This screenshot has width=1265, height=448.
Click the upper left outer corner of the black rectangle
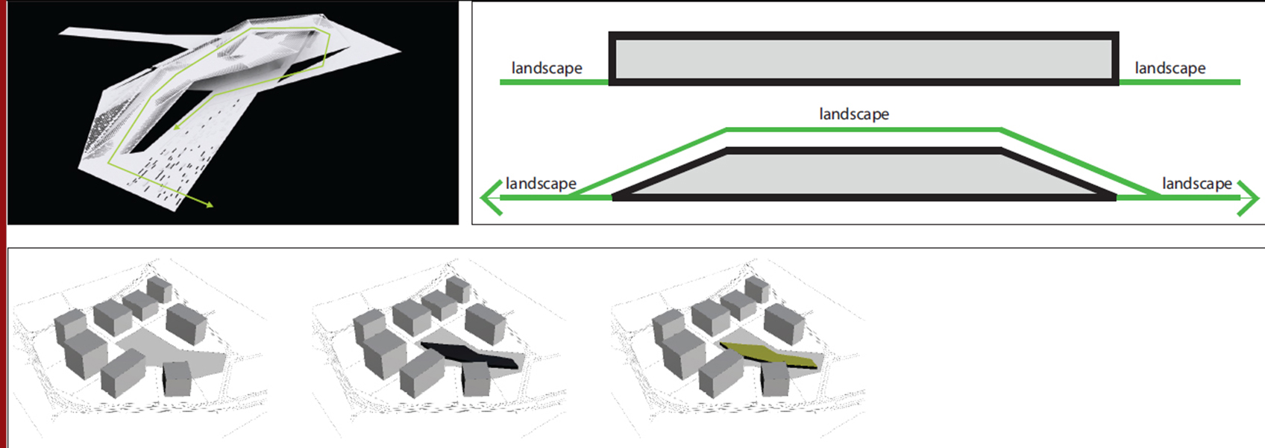pos(609,32)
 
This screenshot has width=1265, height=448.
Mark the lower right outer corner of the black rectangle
pos(1119,85)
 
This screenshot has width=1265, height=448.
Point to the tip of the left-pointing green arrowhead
pos(480,198)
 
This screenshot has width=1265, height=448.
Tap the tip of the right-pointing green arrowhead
pos(1259,198)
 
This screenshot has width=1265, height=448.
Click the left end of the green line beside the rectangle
pos(500,83)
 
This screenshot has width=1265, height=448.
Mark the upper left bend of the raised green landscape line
pos(726,130)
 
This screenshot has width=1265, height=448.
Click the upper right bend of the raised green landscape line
pos(1001,130)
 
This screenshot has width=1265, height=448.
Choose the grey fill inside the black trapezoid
pos(864,174)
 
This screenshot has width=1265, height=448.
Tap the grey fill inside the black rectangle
pos(864,59)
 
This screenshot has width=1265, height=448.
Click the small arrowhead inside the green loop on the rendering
pos(177,127)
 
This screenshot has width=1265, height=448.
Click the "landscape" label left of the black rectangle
pos(547,68)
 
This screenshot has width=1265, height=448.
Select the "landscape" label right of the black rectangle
pos(1170,68)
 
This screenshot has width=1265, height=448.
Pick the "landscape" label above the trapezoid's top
pos(854,114)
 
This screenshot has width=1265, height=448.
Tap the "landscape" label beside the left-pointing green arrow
pos(541,184)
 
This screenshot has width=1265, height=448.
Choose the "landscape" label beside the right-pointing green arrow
pos(1197,184)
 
